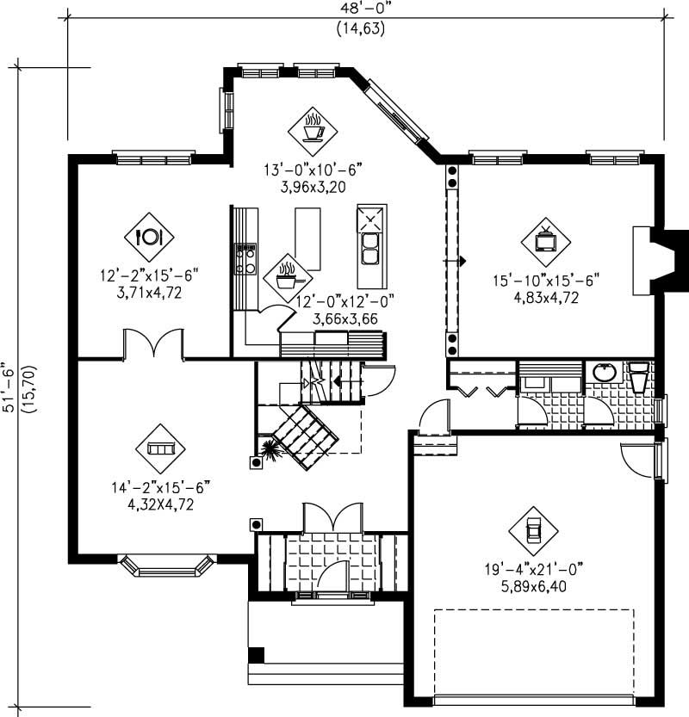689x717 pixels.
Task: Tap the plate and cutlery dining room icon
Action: tap(149, 235)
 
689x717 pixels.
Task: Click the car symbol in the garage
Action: tap(532, 528)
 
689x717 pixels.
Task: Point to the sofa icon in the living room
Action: tap(160, 448)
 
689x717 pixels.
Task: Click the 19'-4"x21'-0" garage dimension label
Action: tap(533, 568)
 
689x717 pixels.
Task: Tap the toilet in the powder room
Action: tap(639, 376)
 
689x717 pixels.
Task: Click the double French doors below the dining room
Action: tap(153, 343)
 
